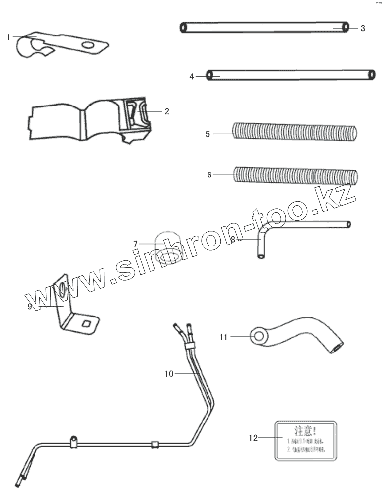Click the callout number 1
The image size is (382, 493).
point(9,36)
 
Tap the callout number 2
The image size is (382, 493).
point(167,111)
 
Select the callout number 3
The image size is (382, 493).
point(362,28)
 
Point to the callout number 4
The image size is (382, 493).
point(192,76)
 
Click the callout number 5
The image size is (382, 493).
point(208,133)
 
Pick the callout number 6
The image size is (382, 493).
point(209,175)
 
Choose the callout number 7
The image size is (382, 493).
point(135,243)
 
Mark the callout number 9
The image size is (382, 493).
point(30,306)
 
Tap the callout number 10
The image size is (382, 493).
point(169,374)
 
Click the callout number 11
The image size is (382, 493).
point(223,337)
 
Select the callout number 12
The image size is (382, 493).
point(253,437)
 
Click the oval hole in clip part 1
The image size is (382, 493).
point(89,46)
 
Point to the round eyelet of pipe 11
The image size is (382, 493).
point(258,337)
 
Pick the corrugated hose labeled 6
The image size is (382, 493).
point(296,176)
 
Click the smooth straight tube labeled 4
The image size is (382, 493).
point(291,75)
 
